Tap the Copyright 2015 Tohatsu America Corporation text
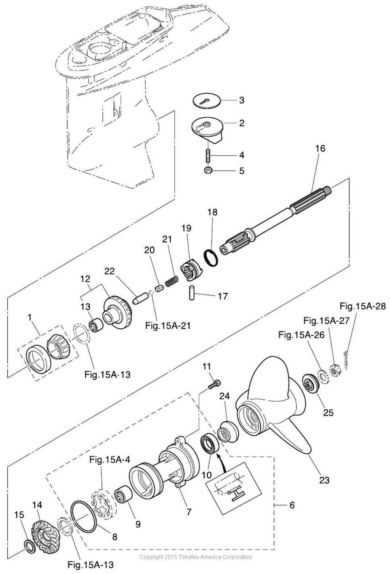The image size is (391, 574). point(196,557)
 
